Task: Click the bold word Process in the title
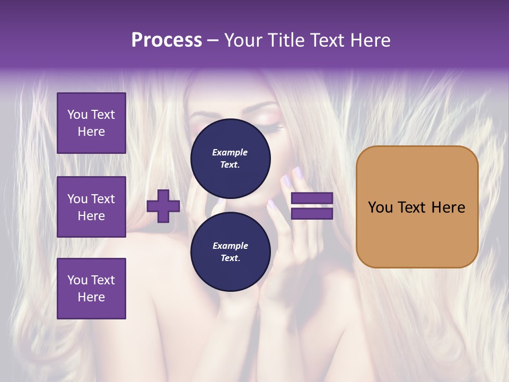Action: (x=166, y=40)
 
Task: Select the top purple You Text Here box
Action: (x=91, y=123)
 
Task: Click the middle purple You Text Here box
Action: (x=91, y=207)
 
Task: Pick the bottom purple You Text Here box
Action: (x=91, y=288)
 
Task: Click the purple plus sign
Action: (x=163, y=206)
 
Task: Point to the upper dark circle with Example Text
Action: (x=231, y=158)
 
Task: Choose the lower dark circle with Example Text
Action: (x=231, y=251)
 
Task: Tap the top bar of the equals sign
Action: (x=312, y=198)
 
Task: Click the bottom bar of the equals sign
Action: (x=312, y=213)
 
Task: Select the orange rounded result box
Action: (x=417, y=206)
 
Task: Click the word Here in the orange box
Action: (x=447, y=207)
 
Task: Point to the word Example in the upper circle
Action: (x=230, y=152)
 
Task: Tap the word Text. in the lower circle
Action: (x=230, y=258)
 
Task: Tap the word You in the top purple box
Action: (x=77, y=115)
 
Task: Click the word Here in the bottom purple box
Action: (x=91, y=297)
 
